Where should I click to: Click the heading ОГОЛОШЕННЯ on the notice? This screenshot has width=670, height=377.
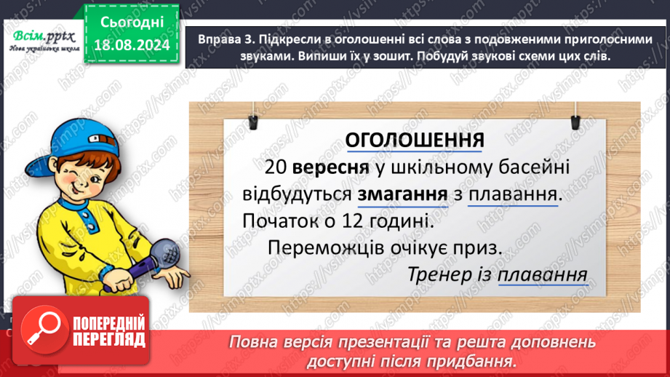[x=414, y=140]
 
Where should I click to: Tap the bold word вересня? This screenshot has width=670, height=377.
[x=325, y=167]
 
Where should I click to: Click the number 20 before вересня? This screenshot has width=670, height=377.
[x=276, y=167]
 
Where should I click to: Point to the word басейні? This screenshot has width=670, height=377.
[x=527, y=167]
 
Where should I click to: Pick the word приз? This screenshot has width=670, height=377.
[x=482, y=247]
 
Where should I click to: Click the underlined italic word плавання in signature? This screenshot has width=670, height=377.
[x=543, y=275]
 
